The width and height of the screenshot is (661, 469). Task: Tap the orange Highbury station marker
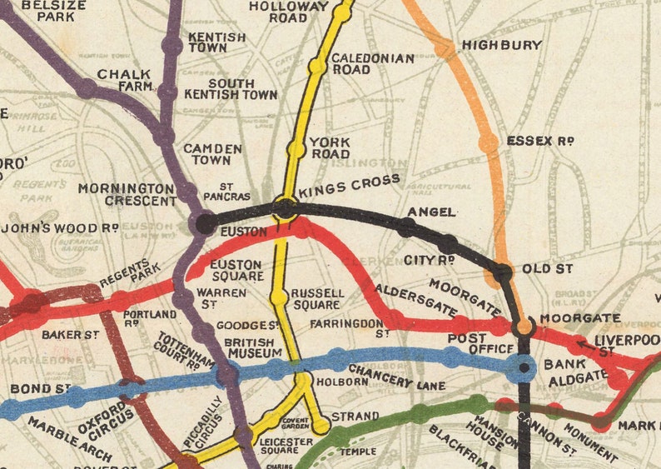445,48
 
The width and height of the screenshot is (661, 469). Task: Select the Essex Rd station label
540,141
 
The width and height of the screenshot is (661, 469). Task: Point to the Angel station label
431,212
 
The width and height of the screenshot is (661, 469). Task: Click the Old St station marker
502,272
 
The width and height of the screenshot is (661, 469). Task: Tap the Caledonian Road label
360,64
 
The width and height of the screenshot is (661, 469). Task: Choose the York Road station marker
296,149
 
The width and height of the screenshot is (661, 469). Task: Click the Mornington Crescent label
127,195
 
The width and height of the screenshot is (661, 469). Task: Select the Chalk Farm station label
125,79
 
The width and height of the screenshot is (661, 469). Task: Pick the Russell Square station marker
280,297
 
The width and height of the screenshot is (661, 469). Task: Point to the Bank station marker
524,367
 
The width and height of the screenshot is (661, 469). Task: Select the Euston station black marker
204,222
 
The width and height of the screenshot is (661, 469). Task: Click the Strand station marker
319,428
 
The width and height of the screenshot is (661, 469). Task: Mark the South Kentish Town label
242,89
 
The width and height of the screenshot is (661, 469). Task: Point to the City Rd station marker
448,243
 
